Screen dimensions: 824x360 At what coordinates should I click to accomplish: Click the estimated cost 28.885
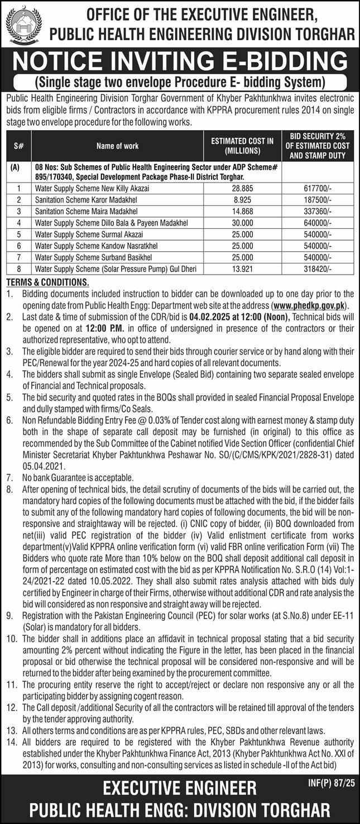[x=242, y=189]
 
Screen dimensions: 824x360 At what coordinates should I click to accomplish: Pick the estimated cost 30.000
[x=242, y=223]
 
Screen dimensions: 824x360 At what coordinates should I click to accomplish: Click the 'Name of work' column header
[x=117, y=146]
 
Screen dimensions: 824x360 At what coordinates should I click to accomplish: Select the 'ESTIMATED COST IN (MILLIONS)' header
[x=242, y=146]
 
